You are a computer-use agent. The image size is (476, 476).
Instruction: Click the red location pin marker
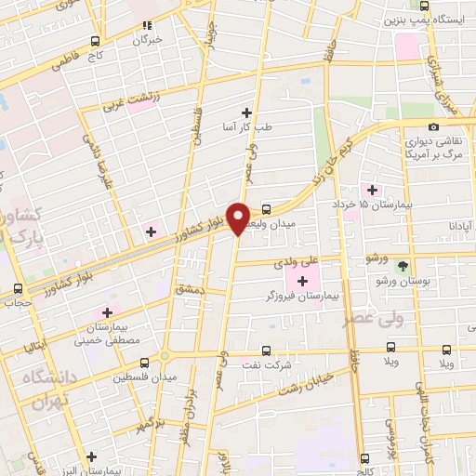click(x=239, y=219)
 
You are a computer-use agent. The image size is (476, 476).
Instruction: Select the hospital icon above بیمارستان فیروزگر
click(x=303, y=280)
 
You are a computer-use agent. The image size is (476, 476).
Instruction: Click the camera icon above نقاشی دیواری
click(x=433, y=127)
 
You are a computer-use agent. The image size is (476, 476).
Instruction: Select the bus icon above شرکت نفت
click(x=267, y=351)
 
